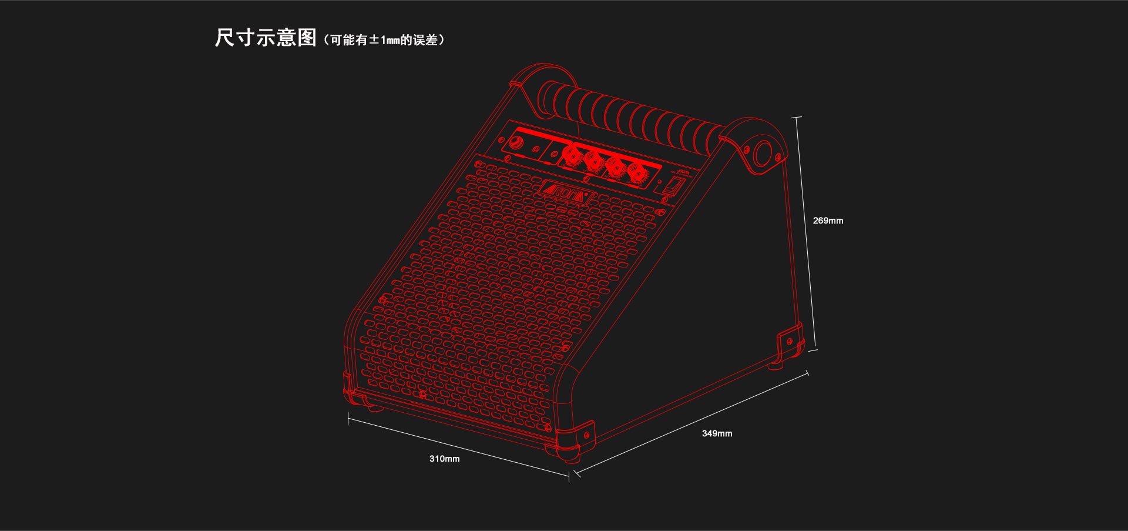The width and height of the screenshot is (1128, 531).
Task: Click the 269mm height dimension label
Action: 828,221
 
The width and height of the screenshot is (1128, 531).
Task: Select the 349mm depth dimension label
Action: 717,433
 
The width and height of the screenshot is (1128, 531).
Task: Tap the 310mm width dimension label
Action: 444,459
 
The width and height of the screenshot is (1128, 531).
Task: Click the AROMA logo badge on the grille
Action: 565,192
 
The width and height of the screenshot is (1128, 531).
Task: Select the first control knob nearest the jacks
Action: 570,155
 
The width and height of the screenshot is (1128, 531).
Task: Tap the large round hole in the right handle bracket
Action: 763,153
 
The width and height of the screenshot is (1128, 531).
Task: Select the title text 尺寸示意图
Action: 266,38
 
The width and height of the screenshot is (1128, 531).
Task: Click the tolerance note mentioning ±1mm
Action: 384,40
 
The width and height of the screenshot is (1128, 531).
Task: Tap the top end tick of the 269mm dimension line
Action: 797,118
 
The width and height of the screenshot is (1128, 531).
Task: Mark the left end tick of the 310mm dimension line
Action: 348,418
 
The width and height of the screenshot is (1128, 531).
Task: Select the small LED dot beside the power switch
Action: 659,182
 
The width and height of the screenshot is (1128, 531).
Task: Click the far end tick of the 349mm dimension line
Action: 807,373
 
